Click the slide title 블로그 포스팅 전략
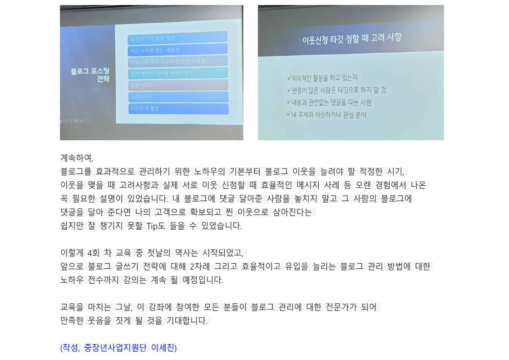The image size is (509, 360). click(x=90, y=75)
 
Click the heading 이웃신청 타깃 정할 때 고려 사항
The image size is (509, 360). click(x=351, y=39)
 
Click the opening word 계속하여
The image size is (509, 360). click(x=77, y=158)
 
